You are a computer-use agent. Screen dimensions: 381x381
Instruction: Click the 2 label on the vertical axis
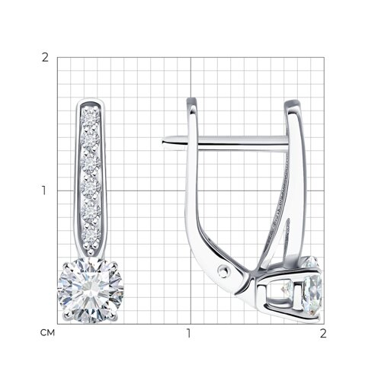click(x=45, y=58)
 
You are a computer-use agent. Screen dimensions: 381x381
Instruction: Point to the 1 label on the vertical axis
click(x=44, y=190)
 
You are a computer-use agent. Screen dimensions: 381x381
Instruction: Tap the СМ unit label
click(x=47, y=333)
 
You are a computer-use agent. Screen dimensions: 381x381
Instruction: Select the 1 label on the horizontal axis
click(x=188, y=333)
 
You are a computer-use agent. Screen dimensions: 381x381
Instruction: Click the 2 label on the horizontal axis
click(x=323, y=333)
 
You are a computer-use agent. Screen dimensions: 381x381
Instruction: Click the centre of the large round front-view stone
click(x=91, y=290)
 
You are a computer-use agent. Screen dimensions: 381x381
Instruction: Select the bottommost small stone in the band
click(x=91, y=238)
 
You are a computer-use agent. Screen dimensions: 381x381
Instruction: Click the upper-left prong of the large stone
click(x=66, y=266)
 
